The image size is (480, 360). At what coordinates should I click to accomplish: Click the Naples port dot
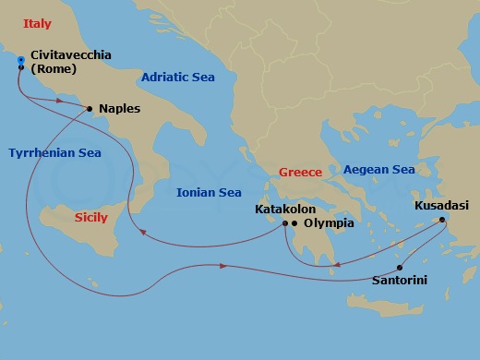[89, 109]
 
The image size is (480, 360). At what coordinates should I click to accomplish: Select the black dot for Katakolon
[284, 223]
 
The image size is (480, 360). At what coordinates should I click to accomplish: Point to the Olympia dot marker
[294, 223]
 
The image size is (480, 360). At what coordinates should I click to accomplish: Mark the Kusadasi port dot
[443, 219]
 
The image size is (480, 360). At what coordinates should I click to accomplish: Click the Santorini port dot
[400, 268]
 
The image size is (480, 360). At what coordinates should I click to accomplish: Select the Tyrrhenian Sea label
[54, 152]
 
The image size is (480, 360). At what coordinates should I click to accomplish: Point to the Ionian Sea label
[209, 192]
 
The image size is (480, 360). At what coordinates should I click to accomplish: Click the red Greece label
[300, 173]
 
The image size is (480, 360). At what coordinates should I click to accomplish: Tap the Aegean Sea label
[378, 170]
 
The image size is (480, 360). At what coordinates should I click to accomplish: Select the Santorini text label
[399, 280]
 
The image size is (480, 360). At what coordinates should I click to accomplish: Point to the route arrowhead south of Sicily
[224, 267]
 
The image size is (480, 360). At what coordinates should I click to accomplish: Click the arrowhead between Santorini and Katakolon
[338, 266]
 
